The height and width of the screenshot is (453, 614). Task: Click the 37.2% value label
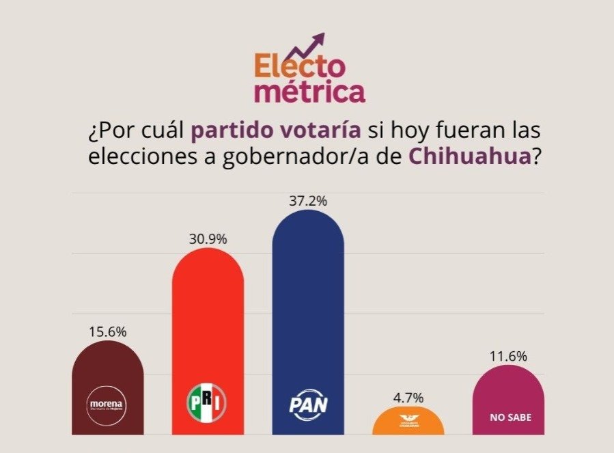[x=307, y=201]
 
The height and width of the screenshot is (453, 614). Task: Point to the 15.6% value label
[x=107, y=331]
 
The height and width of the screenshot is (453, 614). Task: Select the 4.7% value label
[x=408, y=397]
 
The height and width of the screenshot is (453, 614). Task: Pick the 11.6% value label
[x=508, y=356]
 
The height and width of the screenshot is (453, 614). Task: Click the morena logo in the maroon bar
[x=107, y=404]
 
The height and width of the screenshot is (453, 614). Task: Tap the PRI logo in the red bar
[x=207, y=403]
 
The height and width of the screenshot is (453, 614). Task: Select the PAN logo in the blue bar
[x=307, y=404]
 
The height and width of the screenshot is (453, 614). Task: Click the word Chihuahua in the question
[x=470, y=156]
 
